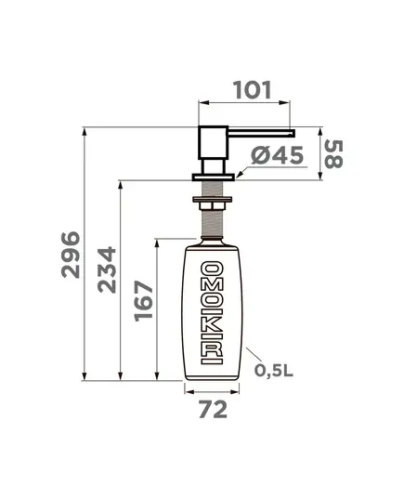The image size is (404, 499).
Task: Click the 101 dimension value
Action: [x=252, y=90]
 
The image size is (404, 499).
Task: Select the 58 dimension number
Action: [x=333, y=154]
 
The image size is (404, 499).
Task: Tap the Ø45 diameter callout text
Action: [x=277, y=155]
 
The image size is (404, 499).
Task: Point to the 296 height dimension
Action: [x=71, y=255]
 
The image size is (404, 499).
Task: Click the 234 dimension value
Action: [x=107, y=269]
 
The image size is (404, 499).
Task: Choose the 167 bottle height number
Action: [x=144, y=301]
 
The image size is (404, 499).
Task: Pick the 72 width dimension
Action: [x=213, y=409]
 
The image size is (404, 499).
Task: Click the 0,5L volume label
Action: [x=274, y=370]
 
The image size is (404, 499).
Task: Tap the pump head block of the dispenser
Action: [x=213, y=143]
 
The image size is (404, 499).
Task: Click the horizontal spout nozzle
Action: [x=262, y=133]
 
